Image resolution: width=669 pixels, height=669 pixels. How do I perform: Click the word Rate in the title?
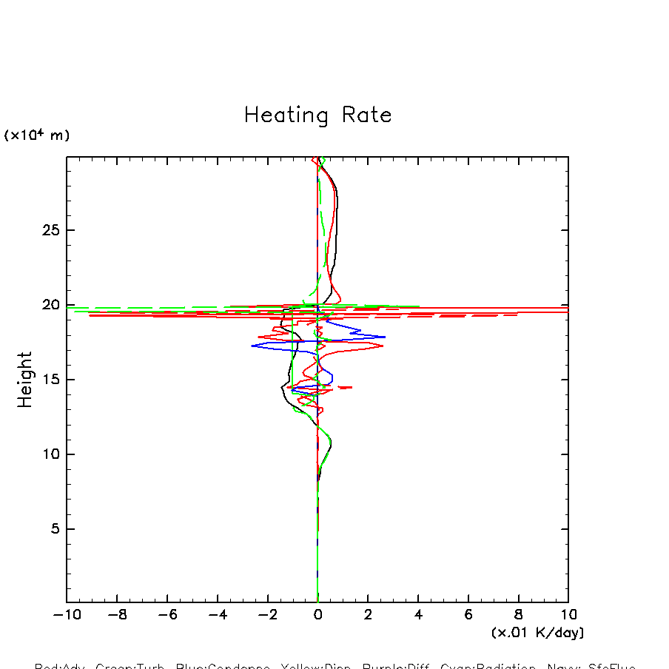click(367, 115)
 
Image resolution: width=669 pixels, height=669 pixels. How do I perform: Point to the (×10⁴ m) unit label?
click(37, 135)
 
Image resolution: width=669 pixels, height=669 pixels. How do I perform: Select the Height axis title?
click(25, 380)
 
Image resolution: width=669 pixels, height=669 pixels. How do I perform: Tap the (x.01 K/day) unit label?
click(537, 633)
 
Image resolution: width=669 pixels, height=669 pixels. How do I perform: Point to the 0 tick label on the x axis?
click(317, 615)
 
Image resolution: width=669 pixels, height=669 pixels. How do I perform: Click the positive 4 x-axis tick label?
click(418, 615)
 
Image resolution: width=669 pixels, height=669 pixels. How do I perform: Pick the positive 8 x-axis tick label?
click(518, 615)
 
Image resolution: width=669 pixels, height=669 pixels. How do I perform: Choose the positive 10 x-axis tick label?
click(568, 615)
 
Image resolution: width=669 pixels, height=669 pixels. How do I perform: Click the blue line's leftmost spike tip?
click(252, 346)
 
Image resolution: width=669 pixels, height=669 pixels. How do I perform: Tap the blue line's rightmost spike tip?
click(385, 337)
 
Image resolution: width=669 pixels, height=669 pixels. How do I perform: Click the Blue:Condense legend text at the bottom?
click(223, 666)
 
